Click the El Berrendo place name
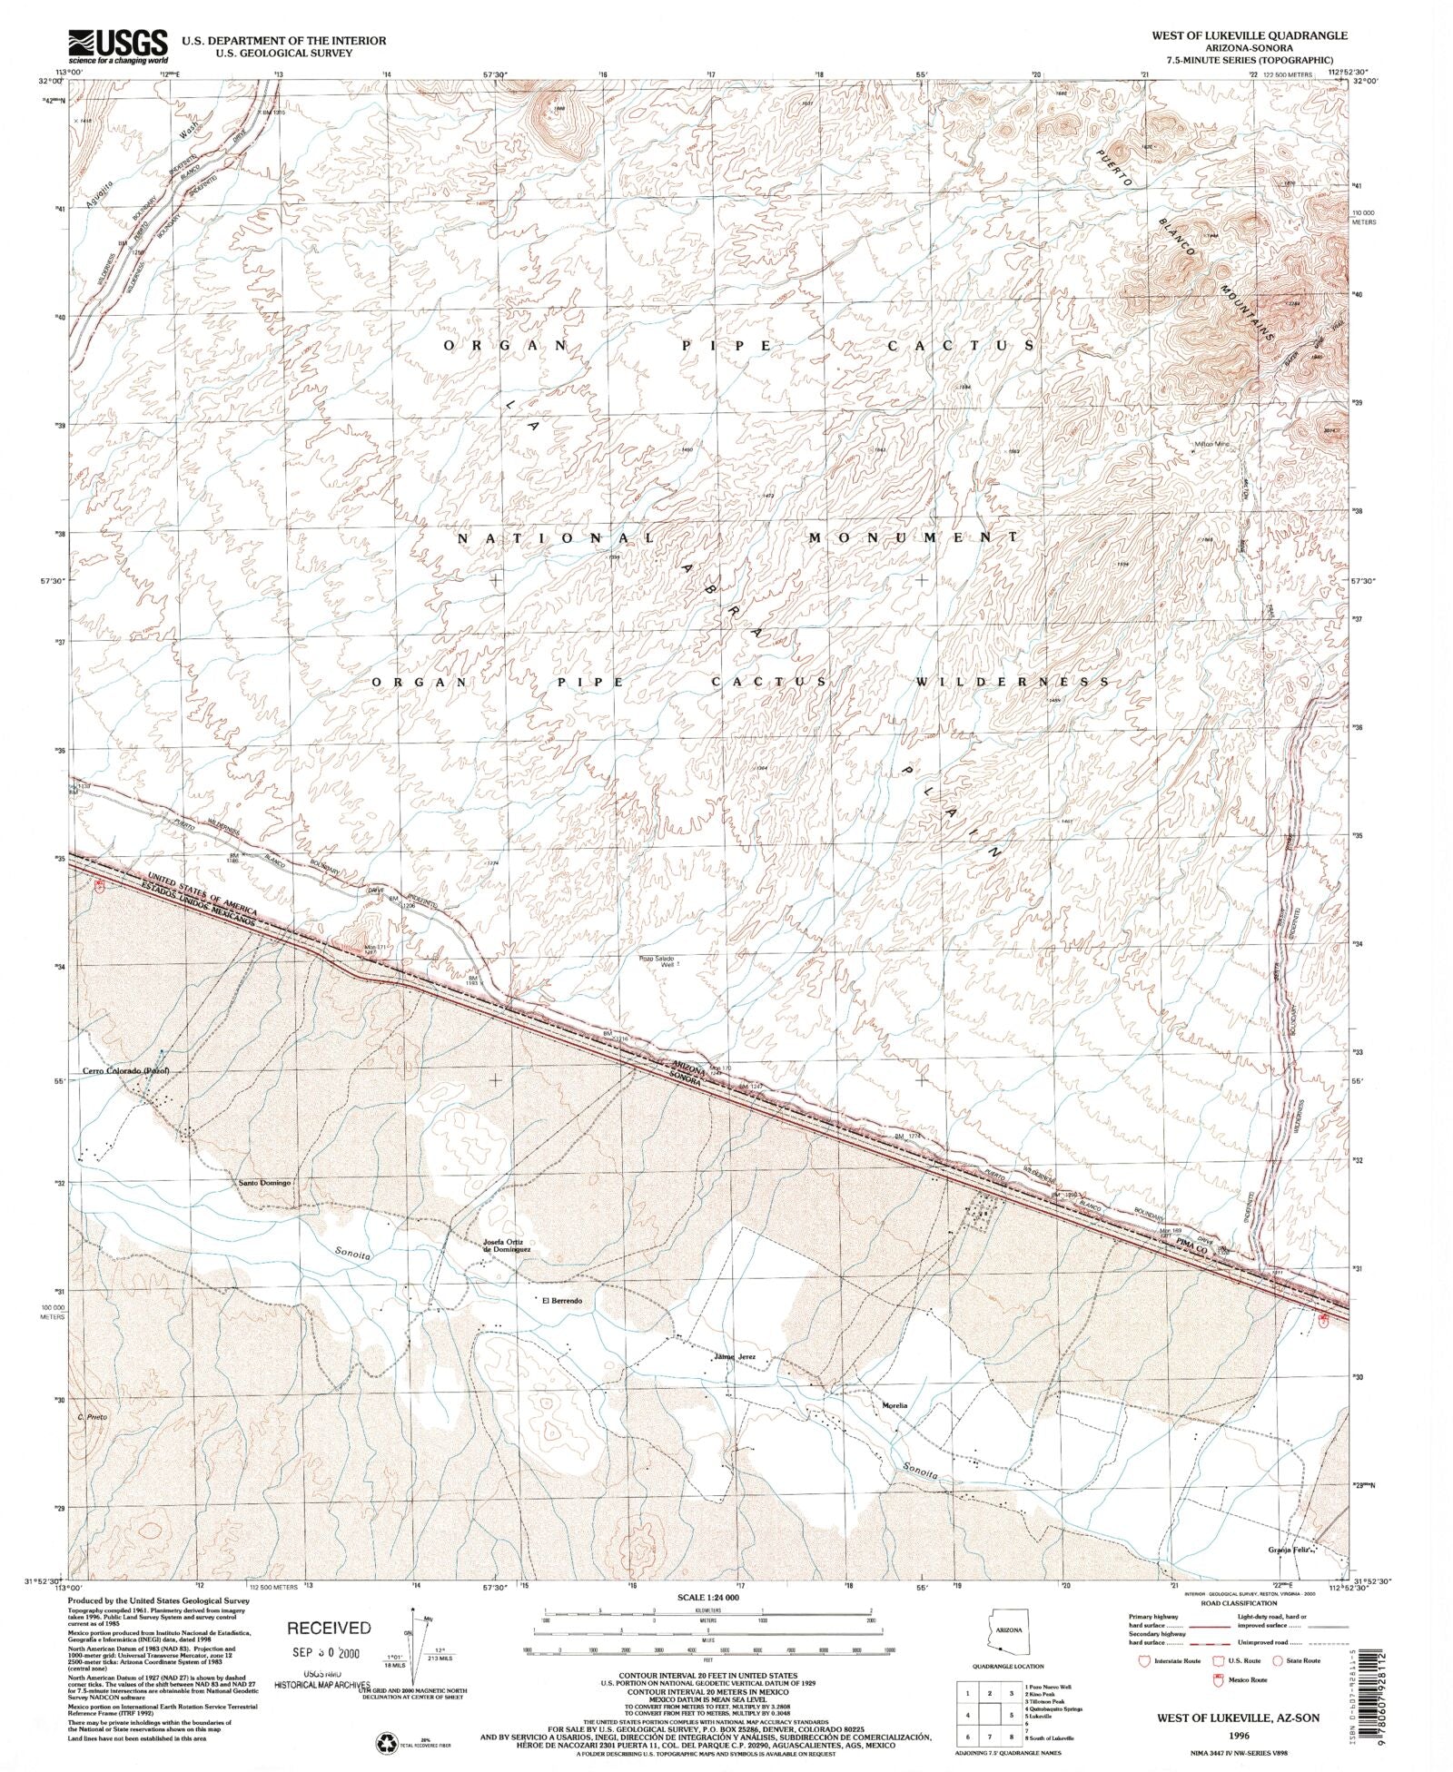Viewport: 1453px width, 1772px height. point(562,1301)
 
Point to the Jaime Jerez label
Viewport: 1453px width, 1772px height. point(735,1383)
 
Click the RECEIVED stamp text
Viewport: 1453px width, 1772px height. point(329,1628)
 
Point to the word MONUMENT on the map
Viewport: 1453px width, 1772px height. point(914,537)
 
